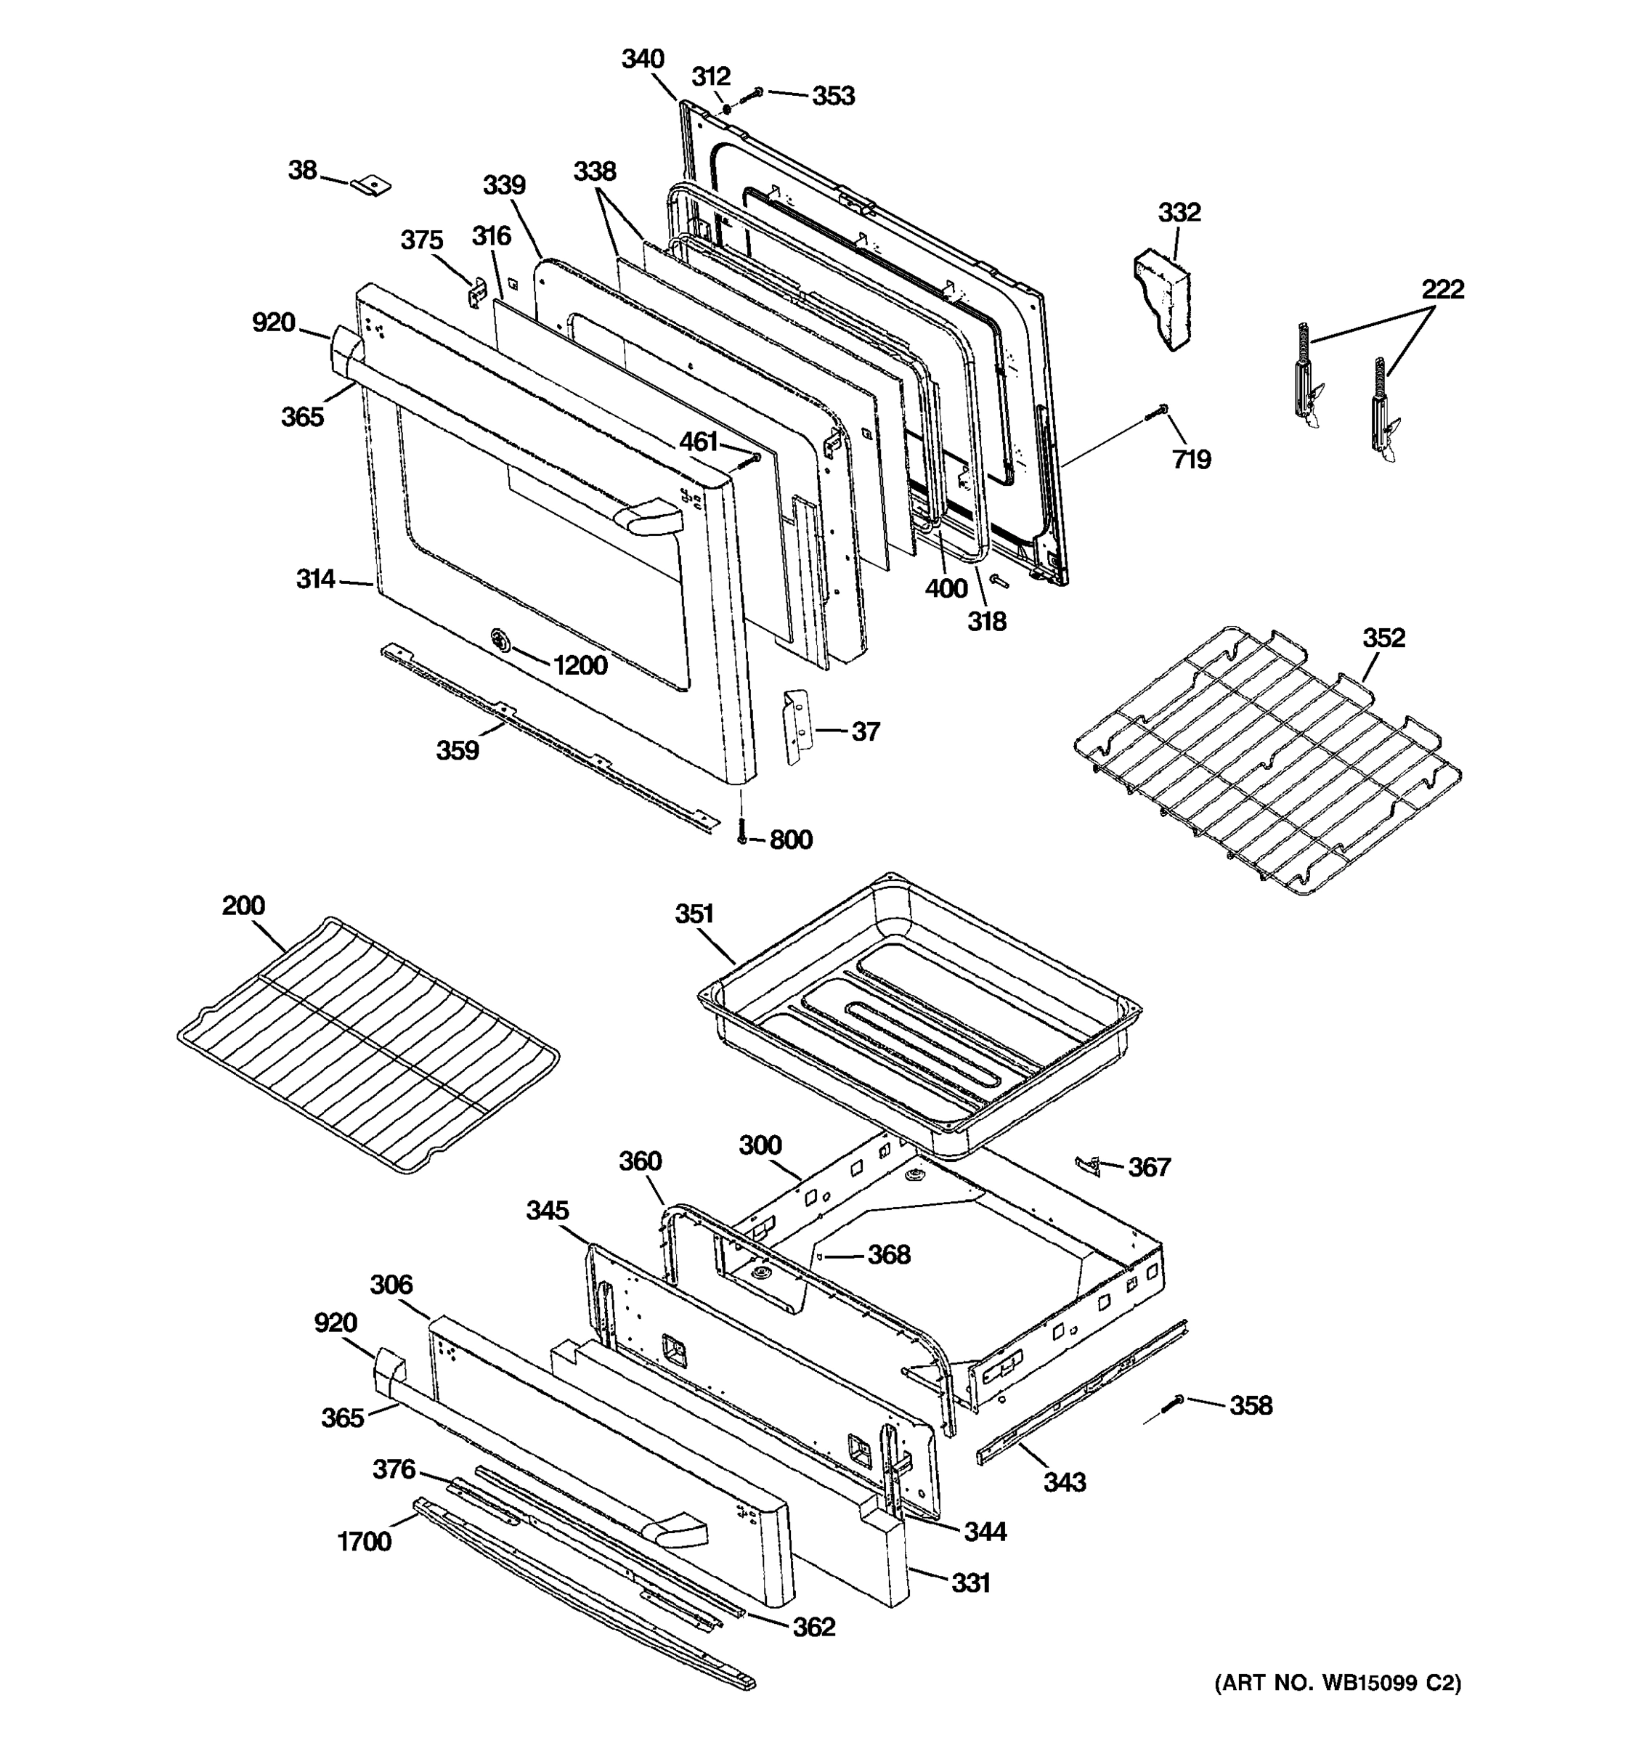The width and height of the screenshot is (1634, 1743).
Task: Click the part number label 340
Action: (643, 60)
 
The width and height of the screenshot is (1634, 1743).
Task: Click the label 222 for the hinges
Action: (1442, 288)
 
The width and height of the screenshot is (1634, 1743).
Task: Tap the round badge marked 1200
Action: (500, 640)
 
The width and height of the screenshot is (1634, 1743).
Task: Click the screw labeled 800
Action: (741, 831)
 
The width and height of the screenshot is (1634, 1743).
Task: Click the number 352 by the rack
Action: (1383, 638)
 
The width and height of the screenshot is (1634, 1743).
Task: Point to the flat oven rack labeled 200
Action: (368, 1044)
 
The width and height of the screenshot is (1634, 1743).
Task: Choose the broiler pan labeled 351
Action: (920, 1017)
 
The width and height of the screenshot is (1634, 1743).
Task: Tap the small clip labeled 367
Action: (1087, 1164)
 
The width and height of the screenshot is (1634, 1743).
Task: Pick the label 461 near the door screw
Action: (699, 442)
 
